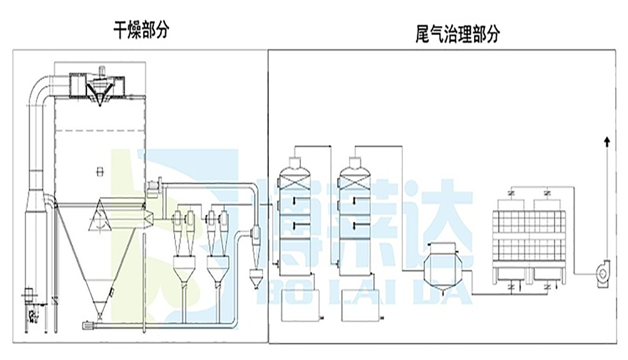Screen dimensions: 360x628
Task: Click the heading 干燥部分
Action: [x=141, y=29]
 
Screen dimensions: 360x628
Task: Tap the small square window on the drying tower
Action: [x=97, y=169]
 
